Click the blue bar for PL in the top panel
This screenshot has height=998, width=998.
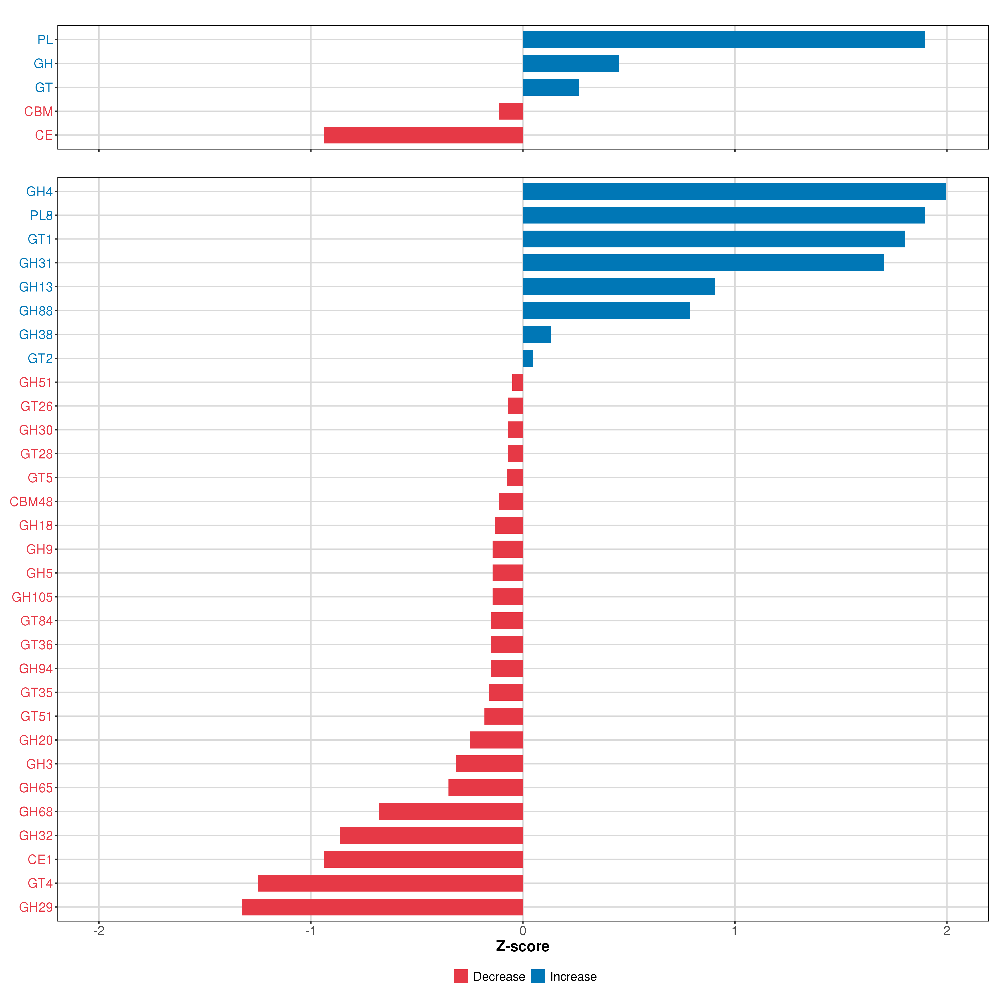tap(723, 40)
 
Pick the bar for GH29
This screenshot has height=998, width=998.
tap(382, 907)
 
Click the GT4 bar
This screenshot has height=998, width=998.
tap(390, 883)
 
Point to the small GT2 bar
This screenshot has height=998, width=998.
tap(527, 358)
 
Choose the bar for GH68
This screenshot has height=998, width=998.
tap(450, 811)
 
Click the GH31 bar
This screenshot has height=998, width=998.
tap(703, 263)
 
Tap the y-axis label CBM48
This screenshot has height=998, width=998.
tap(32, 501)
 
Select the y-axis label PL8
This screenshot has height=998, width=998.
tap(41, 215)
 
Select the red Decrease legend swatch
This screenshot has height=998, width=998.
tap(461, 976)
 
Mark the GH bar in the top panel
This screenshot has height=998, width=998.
tap(571, 64)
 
